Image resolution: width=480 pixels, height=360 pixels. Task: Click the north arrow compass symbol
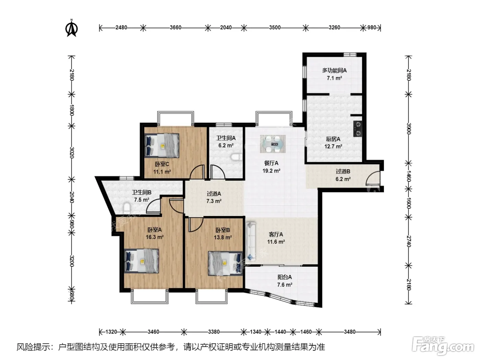(x=72, y=28)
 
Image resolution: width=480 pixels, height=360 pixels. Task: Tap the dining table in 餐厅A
(x=273, y=144)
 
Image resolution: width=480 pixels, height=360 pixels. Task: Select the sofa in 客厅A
(x=251, y=241)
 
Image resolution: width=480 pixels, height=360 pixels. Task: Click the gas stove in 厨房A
(x=358, y=129)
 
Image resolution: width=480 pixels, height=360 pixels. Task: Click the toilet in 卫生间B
(x=127, y=208)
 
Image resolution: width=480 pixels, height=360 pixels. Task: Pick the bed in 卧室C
(x=162, y=146)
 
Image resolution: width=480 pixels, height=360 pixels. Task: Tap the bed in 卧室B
(x=225, y=263)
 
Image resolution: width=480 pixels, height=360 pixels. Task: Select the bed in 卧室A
(x=142, y=261)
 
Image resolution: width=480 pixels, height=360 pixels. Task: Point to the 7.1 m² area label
(x=334, y=78)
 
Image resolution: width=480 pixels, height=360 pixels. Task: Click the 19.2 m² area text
(x=271, y=171)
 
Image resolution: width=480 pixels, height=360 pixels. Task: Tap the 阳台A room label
(x=285, y=277)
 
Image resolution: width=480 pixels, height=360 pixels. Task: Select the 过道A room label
(x=214, y=193)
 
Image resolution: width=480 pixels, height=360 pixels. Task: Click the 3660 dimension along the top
(x=176, y=27)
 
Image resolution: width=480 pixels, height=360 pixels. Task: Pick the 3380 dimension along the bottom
(x=214, y=332)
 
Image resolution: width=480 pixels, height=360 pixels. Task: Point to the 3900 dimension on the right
(x=408, y=129)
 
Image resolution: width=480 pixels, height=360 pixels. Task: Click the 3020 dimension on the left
(x=72, y=153)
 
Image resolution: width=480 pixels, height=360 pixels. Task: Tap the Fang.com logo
(x=443, y=346)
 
